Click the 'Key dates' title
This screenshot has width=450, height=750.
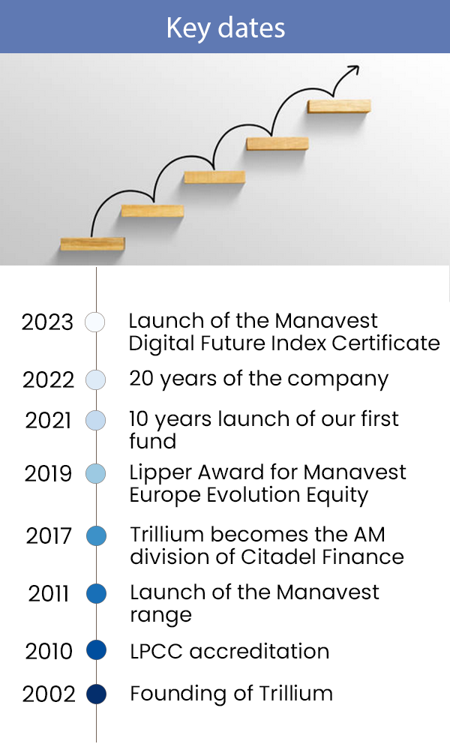[226, 28]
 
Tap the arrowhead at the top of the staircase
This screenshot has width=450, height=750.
[354, 70]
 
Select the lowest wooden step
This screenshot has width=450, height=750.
[92, 244]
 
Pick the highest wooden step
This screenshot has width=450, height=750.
[339, 106]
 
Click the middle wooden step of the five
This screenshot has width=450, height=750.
[214, 177]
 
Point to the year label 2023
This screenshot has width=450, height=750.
[47, 322]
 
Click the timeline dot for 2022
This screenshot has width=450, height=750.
[96, 379]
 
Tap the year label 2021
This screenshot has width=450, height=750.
[48, 421]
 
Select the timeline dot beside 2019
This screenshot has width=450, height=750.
[96, 473]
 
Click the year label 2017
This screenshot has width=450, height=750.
[48, 535]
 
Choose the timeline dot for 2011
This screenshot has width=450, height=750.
[96, 593]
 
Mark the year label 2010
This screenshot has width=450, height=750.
[49, 651]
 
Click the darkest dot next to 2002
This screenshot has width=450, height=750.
[96, 694]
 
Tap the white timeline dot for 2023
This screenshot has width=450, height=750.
[94, 322]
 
